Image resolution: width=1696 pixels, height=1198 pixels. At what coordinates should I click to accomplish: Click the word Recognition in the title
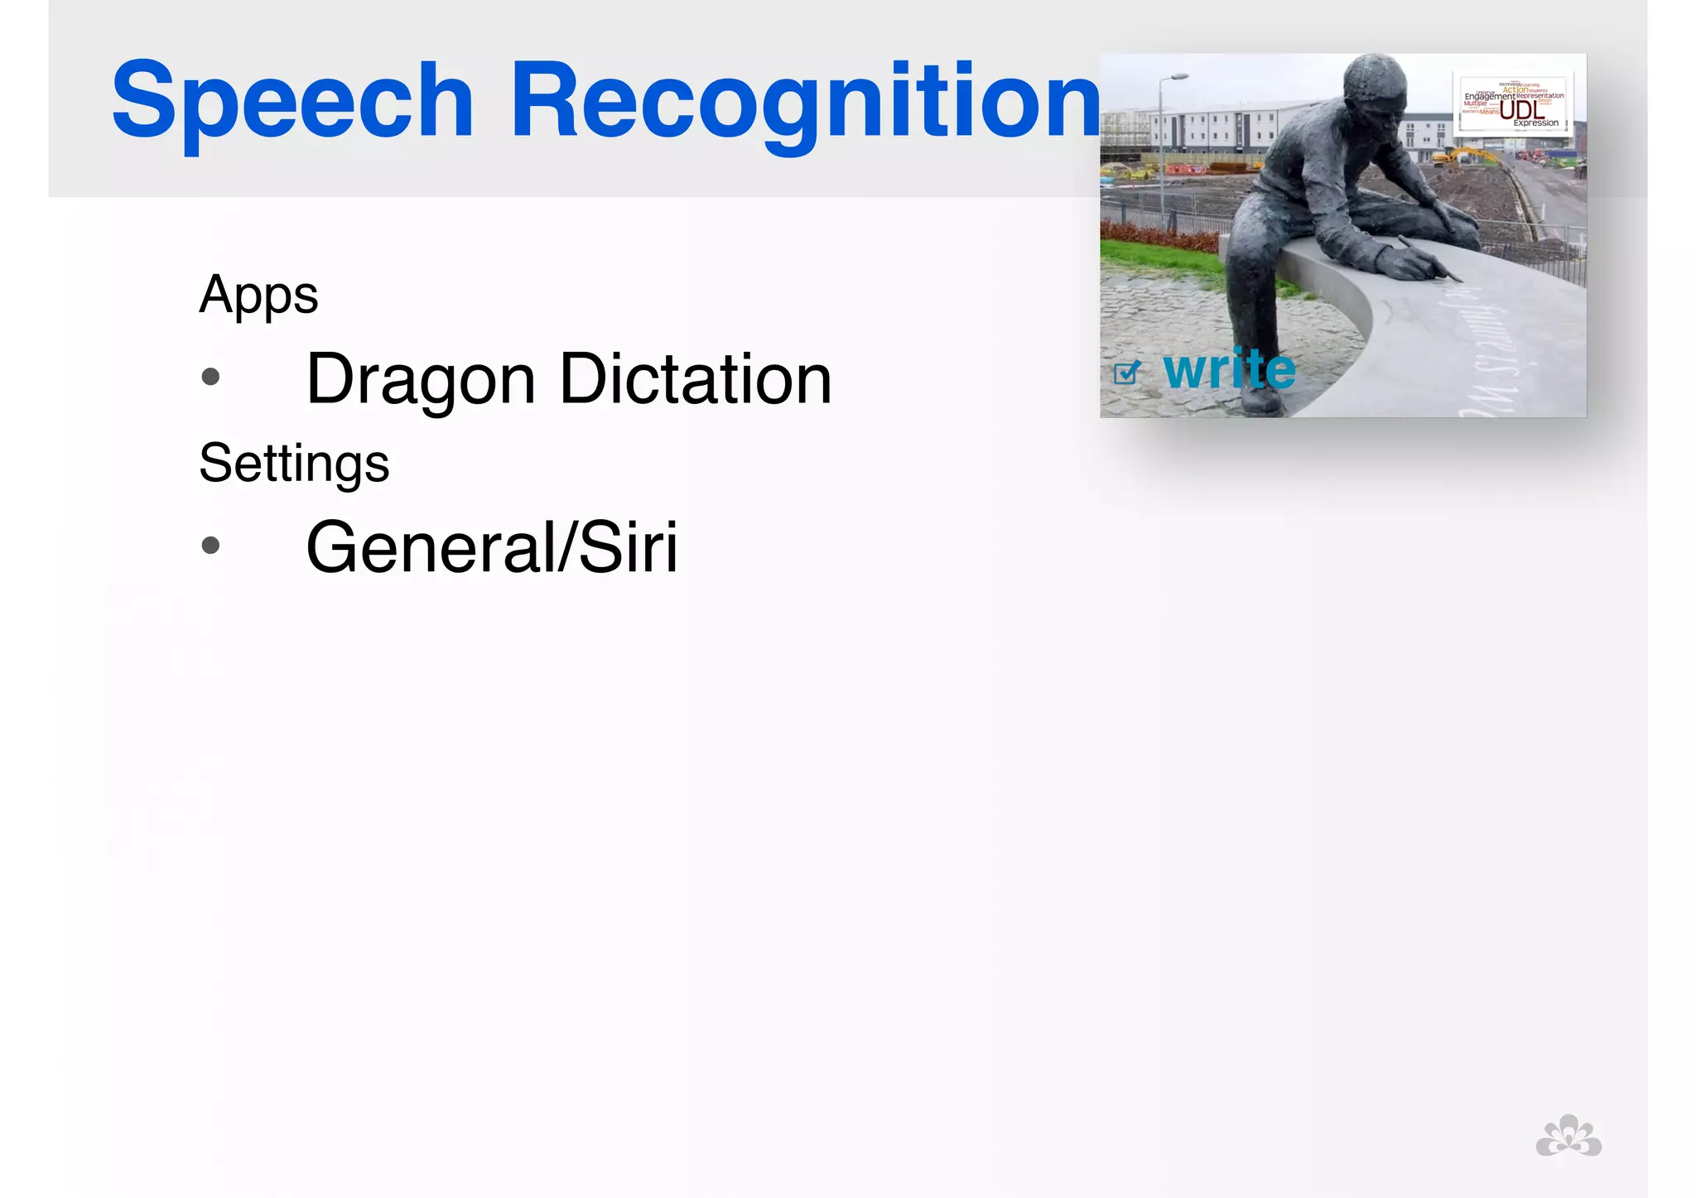805,101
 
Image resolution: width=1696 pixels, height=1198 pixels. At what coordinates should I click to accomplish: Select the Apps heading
258,295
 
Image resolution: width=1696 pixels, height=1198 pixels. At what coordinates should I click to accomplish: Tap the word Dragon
421,380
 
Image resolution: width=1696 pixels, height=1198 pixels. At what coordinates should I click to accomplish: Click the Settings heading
294,463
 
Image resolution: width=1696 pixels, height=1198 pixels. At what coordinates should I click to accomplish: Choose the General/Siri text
492,547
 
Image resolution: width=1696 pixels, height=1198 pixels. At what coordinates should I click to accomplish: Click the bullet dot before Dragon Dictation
211,378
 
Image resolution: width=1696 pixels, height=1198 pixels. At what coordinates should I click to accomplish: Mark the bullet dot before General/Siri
211,546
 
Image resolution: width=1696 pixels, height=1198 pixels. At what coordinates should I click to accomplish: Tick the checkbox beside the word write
1125,373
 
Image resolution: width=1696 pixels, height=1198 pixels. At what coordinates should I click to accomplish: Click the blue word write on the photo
1229,369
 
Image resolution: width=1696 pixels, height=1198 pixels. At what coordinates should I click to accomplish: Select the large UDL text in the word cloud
1522,110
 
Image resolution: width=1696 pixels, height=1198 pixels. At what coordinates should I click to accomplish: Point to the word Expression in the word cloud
1536,123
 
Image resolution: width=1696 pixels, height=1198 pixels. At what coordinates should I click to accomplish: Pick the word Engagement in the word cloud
1489,97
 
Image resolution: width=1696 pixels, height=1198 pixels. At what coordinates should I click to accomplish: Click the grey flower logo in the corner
1568,1136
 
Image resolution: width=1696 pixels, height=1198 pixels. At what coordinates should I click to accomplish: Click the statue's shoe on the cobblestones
1263,402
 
